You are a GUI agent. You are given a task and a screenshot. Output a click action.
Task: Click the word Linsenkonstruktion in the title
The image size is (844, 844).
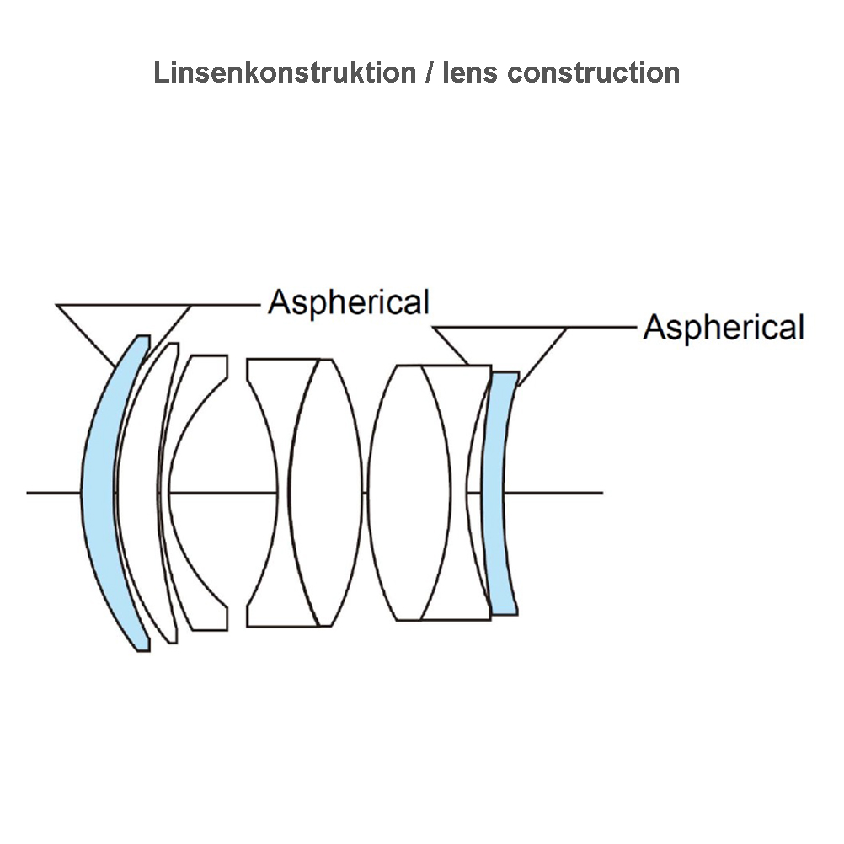pyautogui.click(x=285, y=72)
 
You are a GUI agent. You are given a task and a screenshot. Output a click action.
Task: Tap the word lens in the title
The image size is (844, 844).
pyautogui.click(x=469, y=72)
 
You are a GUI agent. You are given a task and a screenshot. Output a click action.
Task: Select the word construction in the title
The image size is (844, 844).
pyautogui.click(x=593, y=72)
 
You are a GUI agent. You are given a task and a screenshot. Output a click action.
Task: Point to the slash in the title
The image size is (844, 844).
pyautogui.click(x=429, y=72)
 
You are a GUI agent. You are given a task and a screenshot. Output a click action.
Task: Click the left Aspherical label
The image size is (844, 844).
pyautogui.click(x=349, y=302)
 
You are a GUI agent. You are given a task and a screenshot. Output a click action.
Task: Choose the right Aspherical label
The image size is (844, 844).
pyautogui.click(x=724, y=327)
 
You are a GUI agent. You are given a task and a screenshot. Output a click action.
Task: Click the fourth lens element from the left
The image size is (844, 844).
pyautogui.click(x=264, y=493)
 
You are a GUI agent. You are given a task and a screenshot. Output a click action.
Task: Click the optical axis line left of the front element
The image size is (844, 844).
pyautogui.click(x=53, y=493)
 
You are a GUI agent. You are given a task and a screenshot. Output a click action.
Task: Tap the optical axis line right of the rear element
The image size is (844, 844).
pyautogui.click(x=553, y=493)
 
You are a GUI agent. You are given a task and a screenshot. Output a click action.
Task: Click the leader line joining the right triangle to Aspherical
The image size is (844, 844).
pyautogui.click(x=601, y=327)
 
